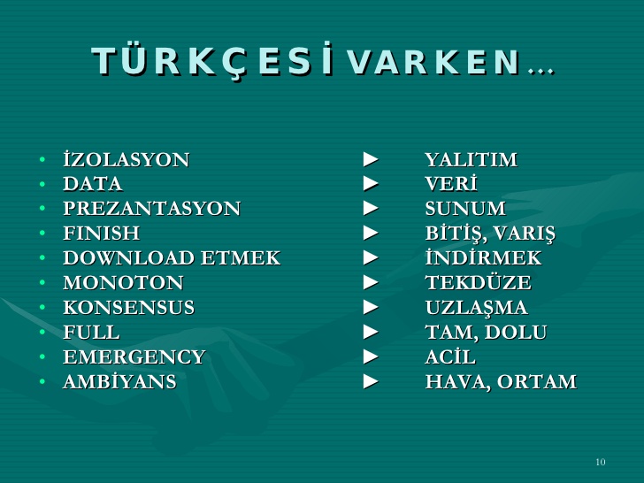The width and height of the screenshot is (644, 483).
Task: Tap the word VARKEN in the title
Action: coord(433,62)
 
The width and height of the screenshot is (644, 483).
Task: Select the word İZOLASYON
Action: coord(126,160)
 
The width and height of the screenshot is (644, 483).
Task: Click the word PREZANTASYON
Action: coord(151,209)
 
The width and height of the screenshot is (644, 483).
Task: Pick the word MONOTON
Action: coord(123,283)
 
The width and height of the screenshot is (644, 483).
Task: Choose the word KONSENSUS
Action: coord(128,308)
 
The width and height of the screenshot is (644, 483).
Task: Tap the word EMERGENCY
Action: coord(134,357)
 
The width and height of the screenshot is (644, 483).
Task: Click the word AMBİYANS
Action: coord(119,382)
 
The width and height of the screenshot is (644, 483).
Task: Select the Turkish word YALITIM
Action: coord(471,160)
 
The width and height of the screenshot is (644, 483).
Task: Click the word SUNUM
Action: coord(465,209)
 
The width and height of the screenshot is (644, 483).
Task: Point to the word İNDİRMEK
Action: coord(483,258)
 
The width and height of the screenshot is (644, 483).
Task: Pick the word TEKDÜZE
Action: coord(478,283)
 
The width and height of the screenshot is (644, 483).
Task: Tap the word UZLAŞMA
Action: coord(476,308)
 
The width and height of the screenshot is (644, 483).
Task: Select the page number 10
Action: coord(601,463)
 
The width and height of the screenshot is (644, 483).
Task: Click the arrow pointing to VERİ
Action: coord(371,185)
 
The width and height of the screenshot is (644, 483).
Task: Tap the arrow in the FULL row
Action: coord(371,333)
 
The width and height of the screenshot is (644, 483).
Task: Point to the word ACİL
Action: coord(449,357)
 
